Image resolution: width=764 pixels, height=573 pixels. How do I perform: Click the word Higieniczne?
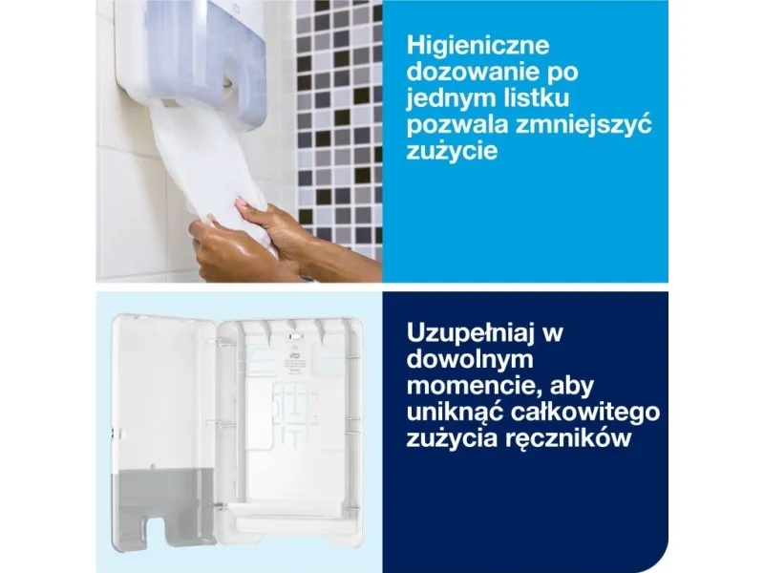(478, 46)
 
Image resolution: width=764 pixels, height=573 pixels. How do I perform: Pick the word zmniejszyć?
(584, 125)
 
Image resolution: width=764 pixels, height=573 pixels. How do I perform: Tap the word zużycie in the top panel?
(452, 151)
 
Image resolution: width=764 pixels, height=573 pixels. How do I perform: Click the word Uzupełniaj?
(468, 333)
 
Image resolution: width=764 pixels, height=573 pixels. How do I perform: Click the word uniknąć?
(456, 413)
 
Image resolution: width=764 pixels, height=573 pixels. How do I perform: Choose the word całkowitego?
(585, 413)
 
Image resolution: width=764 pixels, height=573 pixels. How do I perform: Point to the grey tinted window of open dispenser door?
(164, 507)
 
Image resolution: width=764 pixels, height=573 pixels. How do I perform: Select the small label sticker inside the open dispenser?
(293, 362)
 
